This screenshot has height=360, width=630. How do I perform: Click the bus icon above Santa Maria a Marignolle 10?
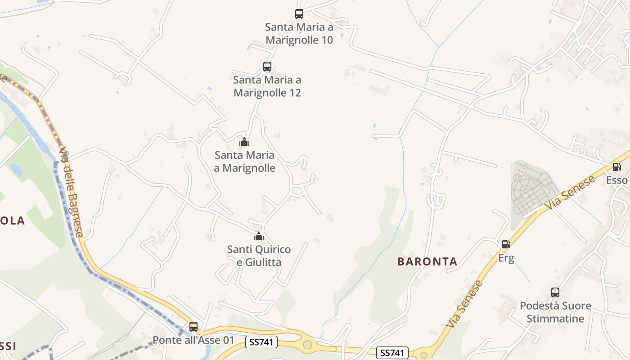pos(299,14)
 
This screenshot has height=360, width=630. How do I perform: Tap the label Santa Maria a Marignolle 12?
pos(267,86)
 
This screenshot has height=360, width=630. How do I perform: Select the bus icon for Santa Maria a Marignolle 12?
pos(267,67)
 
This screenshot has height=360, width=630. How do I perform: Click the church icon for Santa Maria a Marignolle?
pos(244,142)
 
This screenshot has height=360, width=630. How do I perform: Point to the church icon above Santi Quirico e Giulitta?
pos(259,236)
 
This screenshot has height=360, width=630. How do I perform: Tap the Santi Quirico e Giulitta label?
pos(259,256)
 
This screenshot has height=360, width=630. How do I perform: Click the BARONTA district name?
pos(427,261)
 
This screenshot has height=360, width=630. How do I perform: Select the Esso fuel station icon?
pos(616,167)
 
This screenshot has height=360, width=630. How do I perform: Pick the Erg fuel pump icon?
pos(506,244)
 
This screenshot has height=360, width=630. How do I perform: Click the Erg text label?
pos(506,258)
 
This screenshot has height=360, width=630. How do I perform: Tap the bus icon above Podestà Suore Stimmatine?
pos(555,292)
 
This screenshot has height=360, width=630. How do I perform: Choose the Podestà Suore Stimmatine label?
pos(555,312)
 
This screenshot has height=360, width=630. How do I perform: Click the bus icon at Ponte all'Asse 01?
pos(193,327)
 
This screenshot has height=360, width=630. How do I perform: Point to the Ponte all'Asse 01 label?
pos(193,340)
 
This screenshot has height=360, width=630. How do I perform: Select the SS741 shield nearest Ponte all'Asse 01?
pos(261,342)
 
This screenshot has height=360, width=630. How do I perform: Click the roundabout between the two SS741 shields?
pos(307,345)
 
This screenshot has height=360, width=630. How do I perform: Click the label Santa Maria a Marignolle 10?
pos(299,34)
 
